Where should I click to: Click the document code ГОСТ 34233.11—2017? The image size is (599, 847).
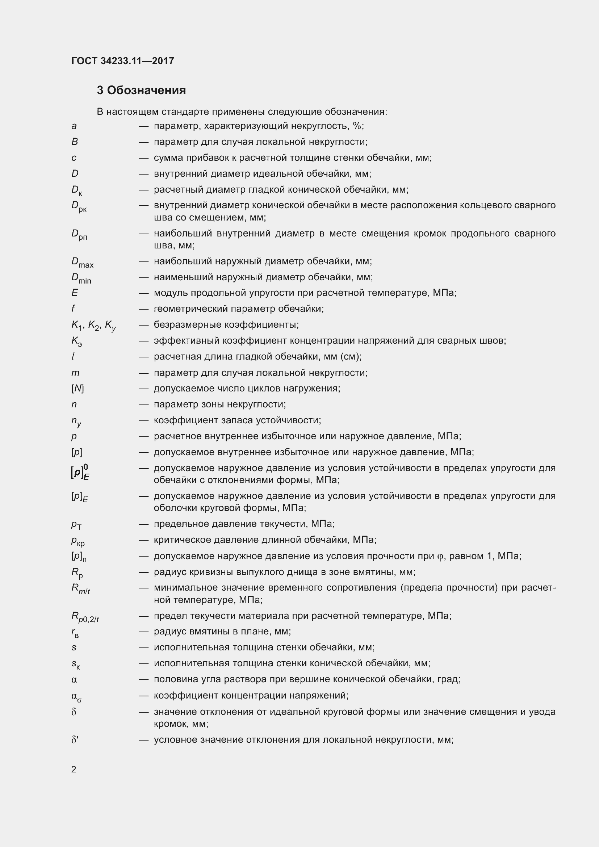[122, 61]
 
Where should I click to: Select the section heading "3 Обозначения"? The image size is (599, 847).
[141, 91]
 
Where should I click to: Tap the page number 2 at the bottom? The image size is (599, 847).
[74, 769]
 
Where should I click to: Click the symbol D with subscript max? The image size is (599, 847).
[82, 262]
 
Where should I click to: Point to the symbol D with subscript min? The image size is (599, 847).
[81, 278]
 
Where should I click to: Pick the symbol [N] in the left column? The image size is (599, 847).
[78, 389]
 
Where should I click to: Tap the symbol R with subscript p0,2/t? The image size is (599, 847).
[85, 616]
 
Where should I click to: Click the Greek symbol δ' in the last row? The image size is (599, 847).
[75, 740]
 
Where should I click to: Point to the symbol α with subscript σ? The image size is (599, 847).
[76, 696]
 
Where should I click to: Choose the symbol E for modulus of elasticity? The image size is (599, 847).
[75, 293]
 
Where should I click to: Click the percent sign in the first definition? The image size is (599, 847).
[357, 126]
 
